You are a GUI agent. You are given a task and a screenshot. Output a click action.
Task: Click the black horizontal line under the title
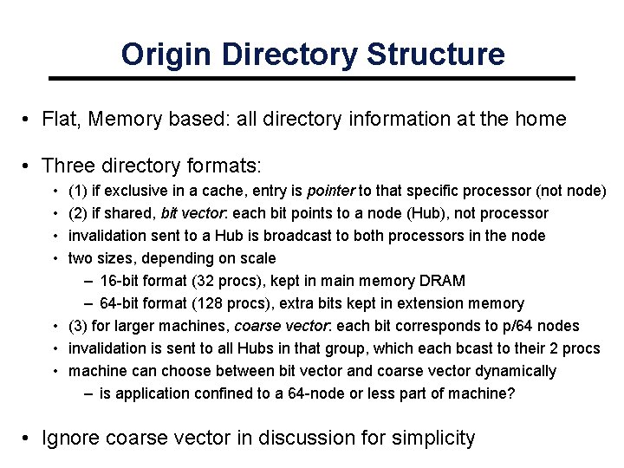[312, 79]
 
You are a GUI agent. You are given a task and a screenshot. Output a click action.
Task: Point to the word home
[542, 120]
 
